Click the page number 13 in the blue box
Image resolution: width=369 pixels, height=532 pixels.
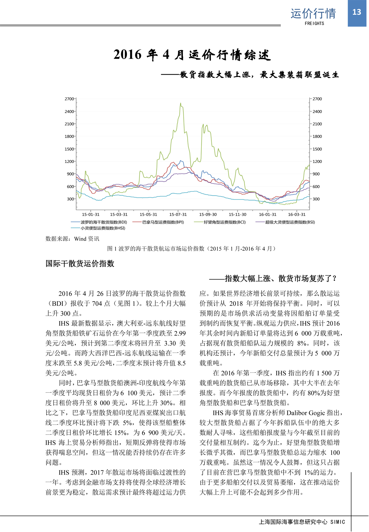point(356,12)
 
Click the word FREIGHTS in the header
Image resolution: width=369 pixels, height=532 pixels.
point(314,23)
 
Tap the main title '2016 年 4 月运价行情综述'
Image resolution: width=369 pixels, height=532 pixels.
point(192,55)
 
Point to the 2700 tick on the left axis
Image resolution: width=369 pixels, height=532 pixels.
point(69,99)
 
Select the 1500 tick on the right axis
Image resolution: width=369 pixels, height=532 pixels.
point(317,149)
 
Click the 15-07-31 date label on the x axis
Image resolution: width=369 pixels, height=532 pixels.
point(178,215)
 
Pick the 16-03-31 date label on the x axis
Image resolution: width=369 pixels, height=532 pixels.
point(297,215)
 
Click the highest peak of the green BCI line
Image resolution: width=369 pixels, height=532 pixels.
point(181,103)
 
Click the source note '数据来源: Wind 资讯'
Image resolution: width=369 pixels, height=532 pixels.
point(72,239)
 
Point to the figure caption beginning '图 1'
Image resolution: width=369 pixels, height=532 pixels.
point(191,249)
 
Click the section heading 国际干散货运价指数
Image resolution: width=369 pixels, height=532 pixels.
point(80,264)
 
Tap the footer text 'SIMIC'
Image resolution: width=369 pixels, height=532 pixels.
point(338,522)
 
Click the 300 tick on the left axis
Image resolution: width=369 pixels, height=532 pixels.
point(70,199)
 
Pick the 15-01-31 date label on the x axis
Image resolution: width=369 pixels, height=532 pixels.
point(91,215)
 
